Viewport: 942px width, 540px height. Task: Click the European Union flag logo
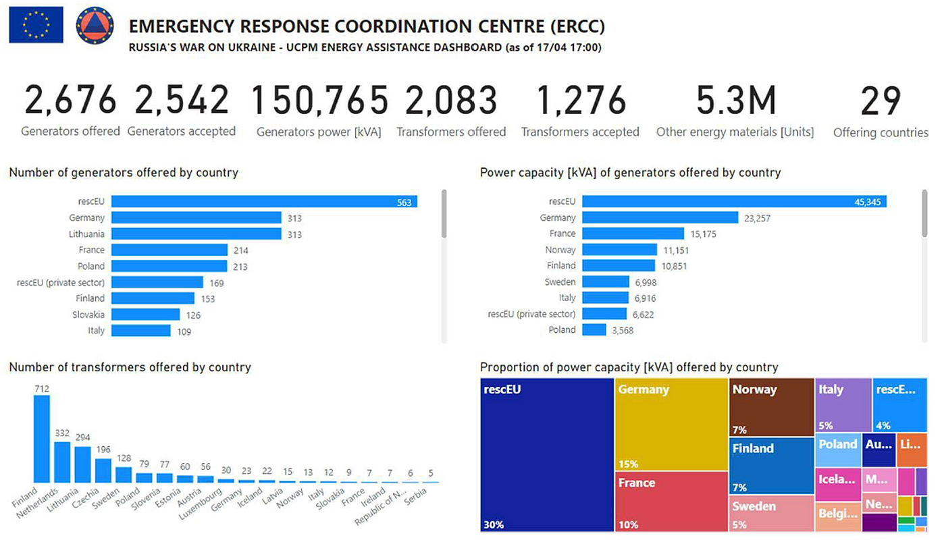click(x=36, y=25)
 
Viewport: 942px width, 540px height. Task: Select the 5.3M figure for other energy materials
click(x=735, y=101)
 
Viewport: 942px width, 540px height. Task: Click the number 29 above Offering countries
click(x=880, y=101)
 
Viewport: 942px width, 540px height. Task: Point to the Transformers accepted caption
click(x=580, y=132)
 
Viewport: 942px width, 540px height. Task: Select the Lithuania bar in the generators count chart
click(x=196, y=234)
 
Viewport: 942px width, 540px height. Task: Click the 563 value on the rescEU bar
click(x=404, y=202)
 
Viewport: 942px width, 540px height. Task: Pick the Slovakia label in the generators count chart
click(x=88, y=315)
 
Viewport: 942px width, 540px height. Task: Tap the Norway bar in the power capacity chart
click(x=619, y=250)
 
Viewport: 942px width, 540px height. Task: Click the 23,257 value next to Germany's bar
click(x=756, y=218)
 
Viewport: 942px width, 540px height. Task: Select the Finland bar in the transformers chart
click(x=42, y=439)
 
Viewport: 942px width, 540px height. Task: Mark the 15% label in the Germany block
click(x=628, y=464)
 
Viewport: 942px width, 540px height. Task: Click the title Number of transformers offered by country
click(x=130, y=367)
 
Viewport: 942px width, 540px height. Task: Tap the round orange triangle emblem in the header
click(x=95, y=25)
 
